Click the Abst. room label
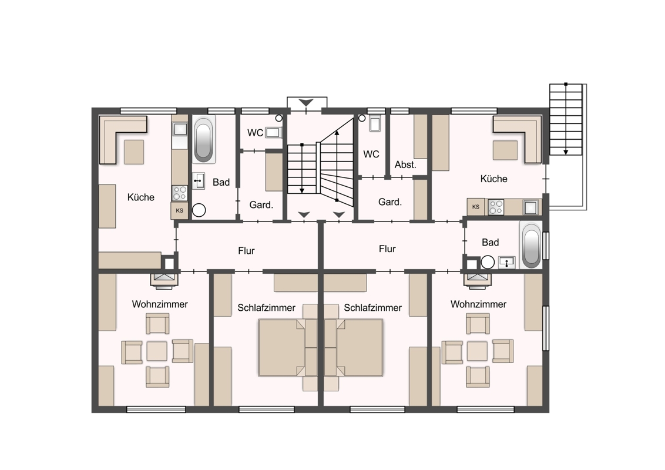(405, 164)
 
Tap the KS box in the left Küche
(179, 210)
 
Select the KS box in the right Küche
(476, 207)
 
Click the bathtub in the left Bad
(204, 139)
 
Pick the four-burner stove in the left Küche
(180, 193)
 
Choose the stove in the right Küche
(496, 207)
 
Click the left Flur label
(246, 251)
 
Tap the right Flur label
(387, 249)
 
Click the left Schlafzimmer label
(266, 307)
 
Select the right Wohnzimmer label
(478, 304)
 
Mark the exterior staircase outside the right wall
(566, 120)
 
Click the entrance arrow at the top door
(306, 103)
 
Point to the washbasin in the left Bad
(199, 181)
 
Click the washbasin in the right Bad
(506, 262)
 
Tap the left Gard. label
(261, 205)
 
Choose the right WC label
(371, 154)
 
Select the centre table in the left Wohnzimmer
(157, 351)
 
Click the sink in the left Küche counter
(180, 129)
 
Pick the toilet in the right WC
(375, 123)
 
